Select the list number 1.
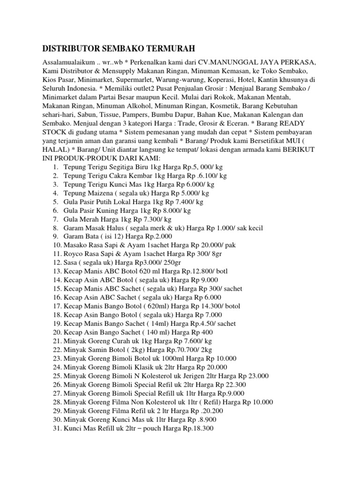(x=55, y=166)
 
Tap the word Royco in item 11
(x=74, y=254)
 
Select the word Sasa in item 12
(x=71, y=262)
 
